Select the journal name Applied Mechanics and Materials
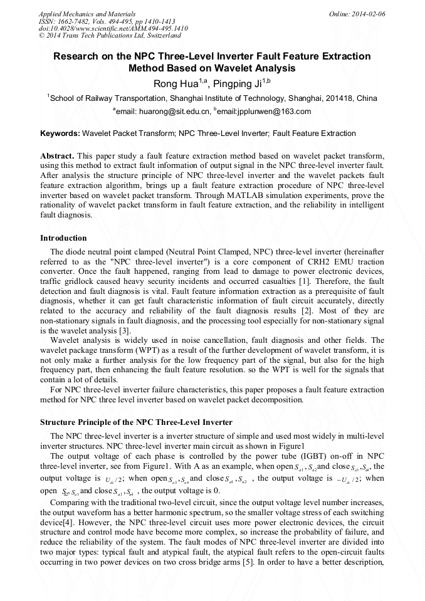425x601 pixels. click(87, 14)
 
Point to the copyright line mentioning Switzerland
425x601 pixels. click(100, 36)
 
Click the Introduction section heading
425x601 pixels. click(63, 238)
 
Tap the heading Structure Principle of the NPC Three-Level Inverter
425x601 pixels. click(136, 422)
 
